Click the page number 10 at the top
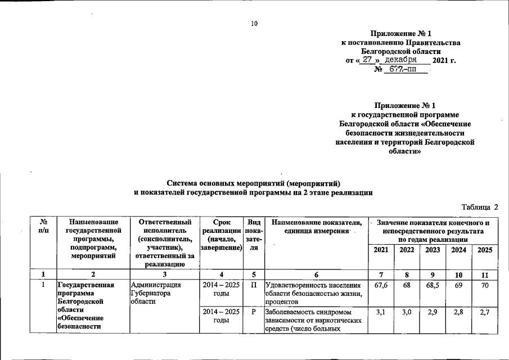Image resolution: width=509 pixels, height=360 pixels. point(254,24)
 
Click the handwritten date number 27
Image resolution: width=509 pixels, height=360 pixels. point(368,59)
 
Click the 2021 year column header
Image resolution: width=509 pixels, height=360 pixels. point(381,250)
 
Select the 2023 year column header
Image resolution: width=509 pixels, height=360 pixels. point(433,250)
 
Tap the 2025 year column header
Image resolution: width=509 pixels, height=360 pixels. point(485,250)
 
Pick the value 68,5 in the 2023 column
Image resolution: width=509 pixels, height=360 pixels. point(433,285)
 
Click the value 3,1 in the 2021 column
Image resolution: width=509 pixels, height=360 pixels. point(381,311)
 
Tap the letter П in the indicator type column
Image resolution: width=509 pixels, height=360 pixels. point(254,285)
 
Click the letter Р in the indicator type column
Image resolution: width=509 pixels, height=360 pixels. point(254,311)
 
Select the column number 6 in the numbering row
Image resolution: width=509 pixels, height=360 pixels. point(316,274)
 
